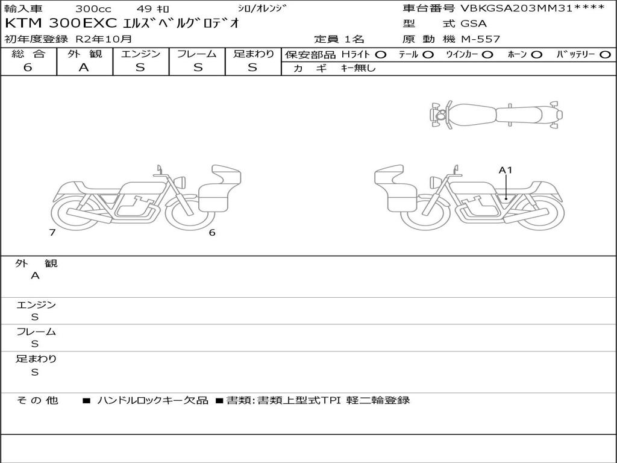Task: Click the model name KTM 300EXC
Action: (x=61, y=24)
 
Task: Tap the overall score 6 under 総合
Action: (x=28, y=68)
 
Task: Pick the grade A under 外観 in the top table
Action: (x=84, y=68)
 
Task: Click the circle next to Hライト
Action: (x=380, y=55)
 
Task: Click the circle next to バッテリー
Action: (x=605, y=55)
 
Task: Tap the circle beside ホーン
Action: (x=536, y=55)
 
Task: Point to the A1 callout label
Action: (x=506, y=170)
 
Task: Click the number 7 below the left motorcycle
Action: (x=52, y=232)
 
